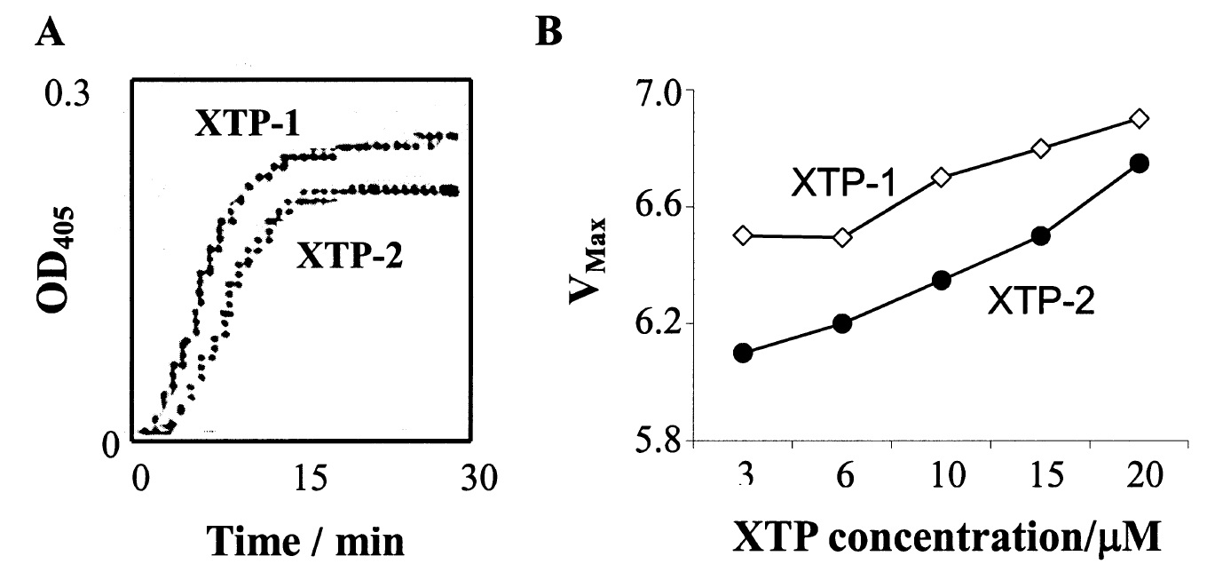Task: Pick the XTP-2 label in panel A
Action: pos(350,257)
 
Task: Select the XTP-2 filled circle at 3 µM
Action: pos(744,353)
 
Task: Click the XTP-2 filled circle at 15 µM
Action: pos(1041,236)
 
